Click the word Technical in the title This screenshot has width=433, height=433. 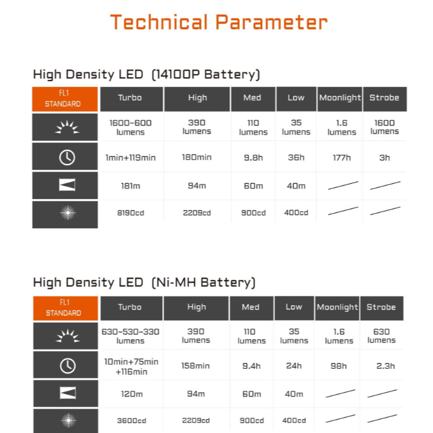pos(159,22)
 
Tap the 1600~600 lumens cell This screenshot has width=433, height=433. pos(130,127)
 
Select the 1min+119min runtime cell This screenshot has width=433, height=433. pos(130,158)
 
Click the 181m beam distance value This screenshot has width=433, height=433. pos(130,186)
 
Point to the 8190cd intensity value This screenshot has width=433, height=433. pos(130,213)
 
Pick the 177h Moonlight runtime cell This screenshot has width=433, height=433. pos(341,158)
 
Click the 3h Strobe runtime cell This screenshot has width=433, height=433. pos(385,158)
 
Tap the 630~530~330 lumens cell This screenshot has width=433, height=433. pos(130,336)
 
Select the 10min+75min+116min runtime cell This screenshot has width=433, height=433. pos(131,366)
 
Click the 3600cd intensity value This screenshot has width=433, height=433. pos(131,421)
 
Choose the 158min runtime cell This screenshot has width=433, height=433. pos(195,366)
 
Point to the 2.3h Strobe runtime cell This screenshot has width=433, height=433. pos(386,366)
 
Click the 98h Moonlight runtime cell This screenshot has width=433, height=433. pos(338,366)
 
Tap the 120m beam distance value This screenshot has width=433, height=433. pos(132,394)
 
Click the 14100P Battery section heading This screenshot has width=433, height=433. pos(146,75)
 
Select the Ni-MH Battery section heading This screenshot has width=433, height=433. pos(144,282)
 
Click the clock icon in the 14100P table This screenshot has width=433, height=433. pos(67,158)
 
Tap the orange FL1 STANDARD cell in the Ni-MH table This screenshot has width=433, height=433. pos(65,308)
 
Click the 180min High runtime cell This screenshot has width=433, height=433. pos(197,158)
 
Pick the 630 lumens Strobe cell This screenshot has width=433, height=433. pos(382,336)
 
